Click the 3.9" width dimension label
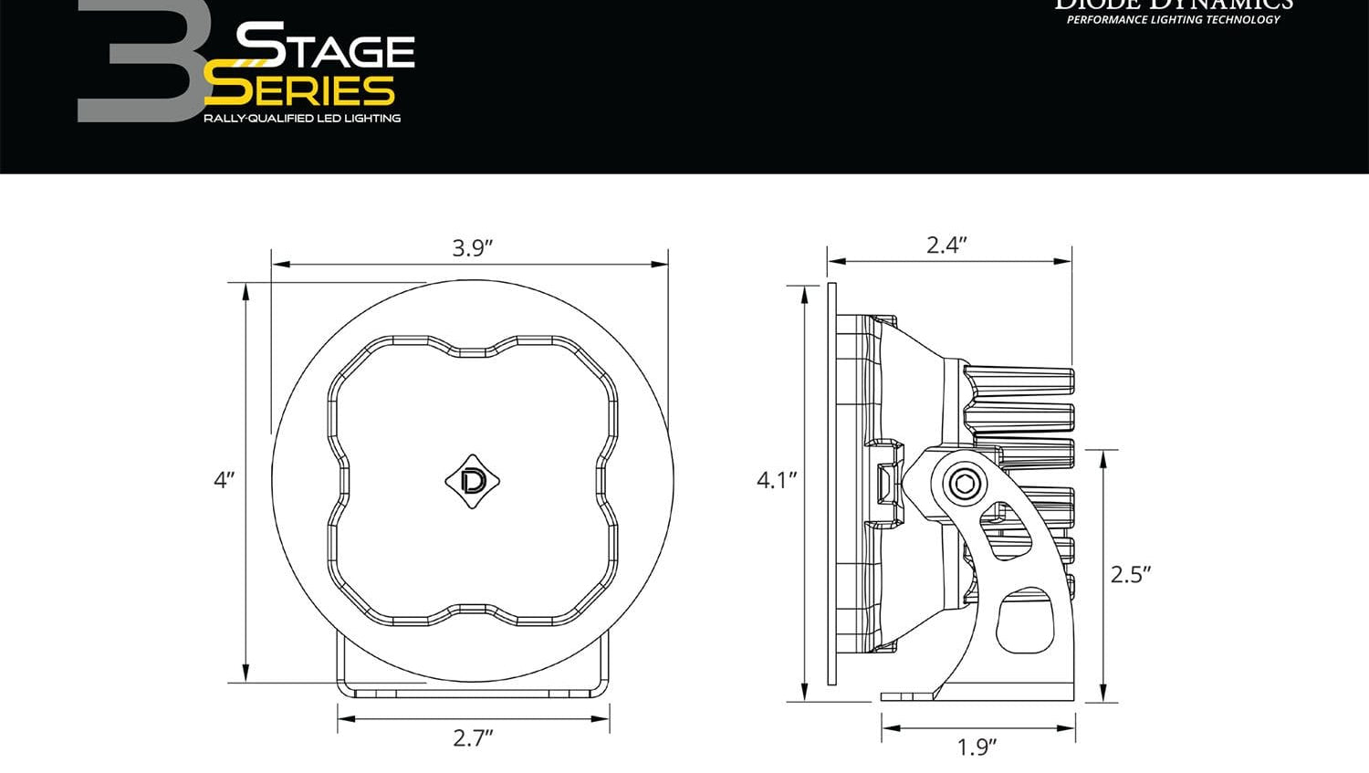(472, 247)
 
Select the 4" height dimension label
(225, 479)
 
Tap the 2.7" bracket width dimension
(473, 737)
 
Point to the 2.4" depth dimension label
(946, 245)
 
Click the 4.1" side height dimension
(777, 479)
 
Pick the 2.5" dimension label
(1130, 574)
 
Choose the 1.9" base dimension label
(976, 747)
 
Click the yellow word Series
(299, 89)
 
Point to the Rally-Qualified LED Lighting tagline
(301, 119)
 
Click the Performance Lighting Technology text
(1173, 20)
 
